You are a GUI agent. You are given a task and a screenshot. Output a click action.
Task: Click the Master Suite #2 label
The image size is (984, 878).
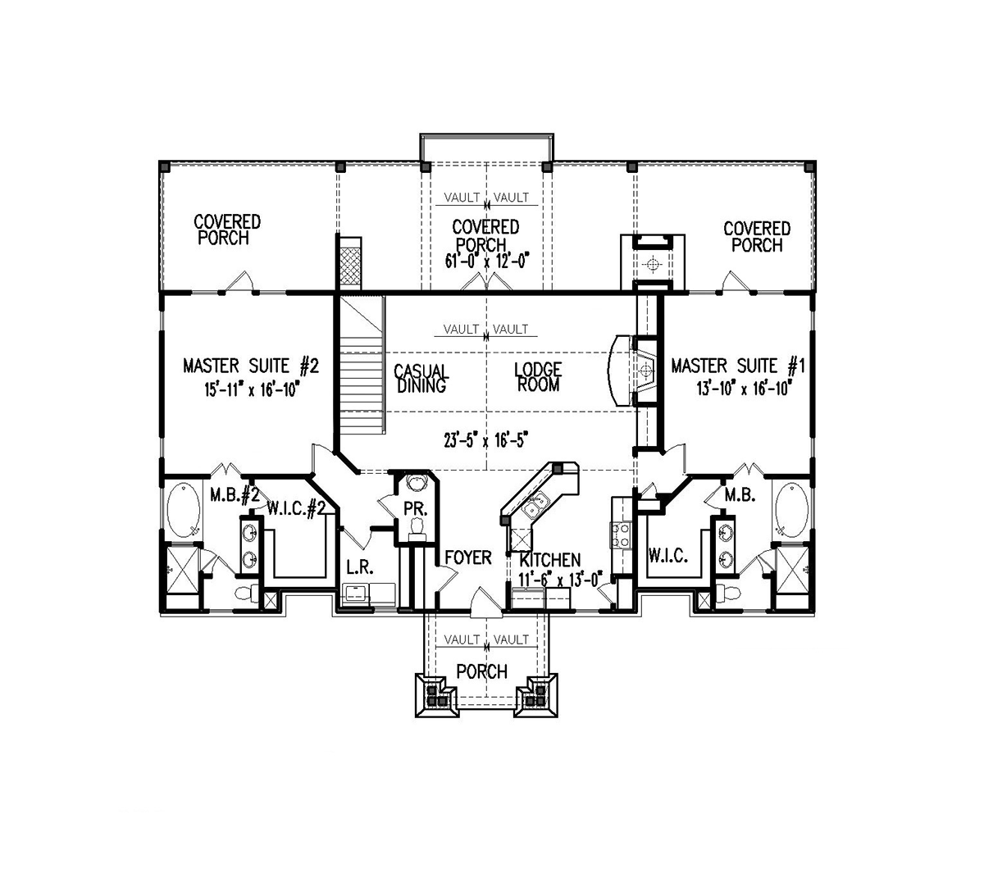(x=251, y=366)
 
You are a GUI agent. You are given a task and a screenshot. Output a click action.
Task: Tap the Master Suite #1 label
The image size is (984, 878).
(x=738, y=366)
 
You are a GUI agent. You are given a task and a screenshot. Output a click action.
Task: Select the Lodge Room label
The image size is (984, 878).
(x=538, y=377)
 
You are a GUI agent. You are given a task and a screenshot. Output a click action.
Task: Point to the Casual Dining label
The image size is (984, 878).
(x=421, y=378)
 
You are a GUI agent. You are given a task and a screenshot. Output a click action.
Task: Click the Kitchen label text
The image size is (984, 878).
(x=549, y=560)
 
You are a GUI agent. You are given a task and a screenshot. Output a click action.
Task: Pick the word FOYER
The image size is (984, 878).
(x=468, y=557)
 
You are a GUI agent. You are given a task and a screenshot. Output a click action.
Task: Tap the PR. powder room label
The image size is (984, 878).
(x=416, y=509)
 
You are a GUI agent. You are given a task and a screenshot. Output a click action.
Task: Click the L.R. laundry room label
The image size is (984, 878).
(x=360, y=566)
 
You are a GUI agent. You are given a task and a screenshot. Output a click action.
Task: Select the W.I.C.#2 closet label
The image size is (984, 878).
(x=296, y=508)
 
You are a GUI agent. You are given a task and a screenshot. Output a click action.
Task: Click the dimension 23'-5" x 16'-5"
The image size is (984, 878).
(x=485, y=440)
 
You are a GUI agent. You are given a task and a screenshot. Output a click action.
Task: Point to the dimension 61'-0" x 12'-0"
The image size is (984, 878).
(x=486, y=261)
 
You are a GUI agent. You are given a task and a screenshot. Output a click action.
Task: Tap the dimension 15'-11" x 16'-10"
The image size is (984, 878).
(x=252, y=389)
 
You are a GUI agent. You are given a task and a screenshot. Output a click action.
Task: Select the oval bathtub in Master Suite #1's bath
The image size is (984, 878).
(x=791, y=509)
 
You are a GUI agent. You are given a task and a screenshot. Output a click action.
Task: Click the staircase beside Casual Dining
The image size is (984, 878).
(x=362, y=365)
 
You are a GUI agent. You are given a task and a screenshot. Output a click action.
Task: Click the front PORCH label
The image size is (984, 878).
(x=482, y=672)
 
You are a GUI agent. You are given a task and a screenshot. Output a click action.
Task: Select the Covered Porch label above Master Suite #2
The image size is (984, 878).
(x=227, y=230)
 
